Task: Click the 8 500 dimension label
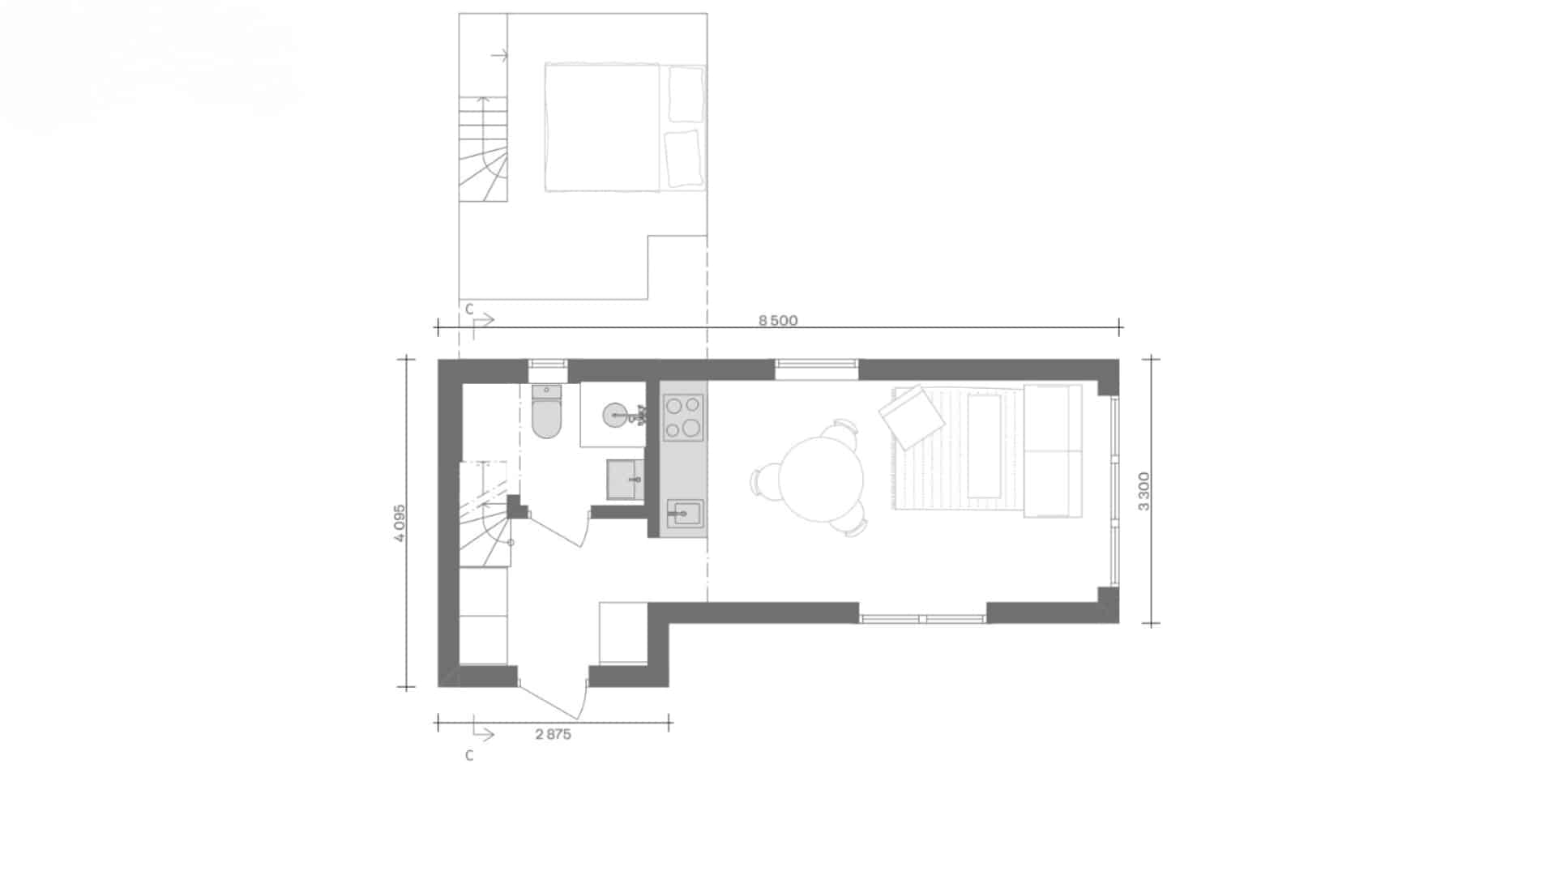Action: tap(778, 321)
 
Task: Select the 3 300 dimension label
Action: tap(1143, 492)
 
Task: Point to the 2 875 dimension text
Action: tap(554, 735)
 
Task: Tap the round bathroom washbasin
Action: tap(615, 416)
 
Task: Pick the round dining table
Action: tap(820, 479)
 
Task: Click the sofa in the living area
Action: tap(1053, 451)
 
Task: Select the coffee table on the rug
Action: tap(985, 446)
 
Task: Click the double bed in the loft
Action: tap(624, 127)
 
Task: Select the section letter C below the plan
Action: tap(469, 756)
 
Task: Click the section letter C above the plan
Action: tap(469, 309)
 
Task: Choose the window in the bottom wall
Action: tap(923, 618)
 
